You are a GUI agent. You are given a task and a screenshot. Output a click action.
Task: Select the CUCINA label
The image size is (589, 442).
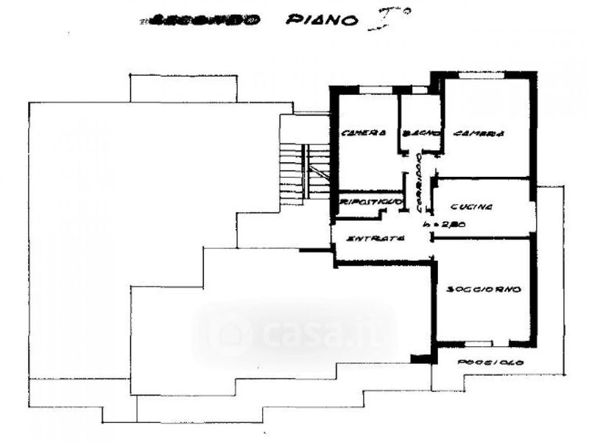[x=472, y=207]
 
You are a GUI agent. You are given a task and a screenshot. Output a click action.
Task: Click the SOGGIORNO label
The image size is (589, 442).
[x=484, y=289]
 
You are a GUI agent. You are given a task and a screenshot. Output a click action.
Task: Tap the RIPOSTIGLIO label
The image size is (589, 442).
[x=370, y=200]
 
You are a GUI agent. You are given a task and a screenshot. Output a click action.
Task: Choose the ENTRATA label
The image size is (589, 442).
[x=375, y=239]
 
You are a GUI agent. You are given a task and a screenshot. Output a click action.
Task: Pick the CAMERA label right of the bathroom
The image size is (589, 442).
[x=479, y=134]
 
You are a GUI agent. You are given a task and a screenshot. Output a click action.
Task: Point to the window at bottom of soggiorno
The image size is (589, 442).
[x=481, y=343]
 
